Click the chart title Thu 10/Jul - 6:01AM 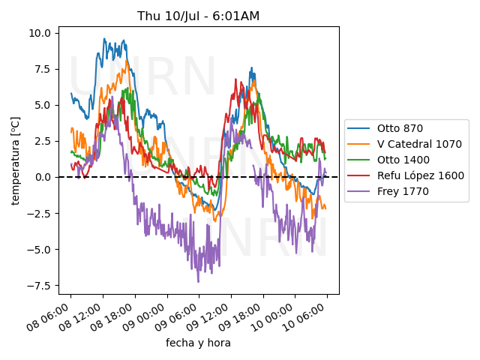199,16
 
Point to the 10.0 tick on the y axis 39,33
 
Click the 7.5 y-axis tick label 42,69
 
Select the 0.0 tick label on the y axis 42,177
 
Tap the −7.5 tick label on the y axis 39,286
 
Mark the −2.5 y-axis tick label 39,214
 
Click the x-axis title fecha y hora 199,343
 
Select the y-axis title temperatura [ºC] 16,160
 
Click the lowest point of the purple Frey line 199,281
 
